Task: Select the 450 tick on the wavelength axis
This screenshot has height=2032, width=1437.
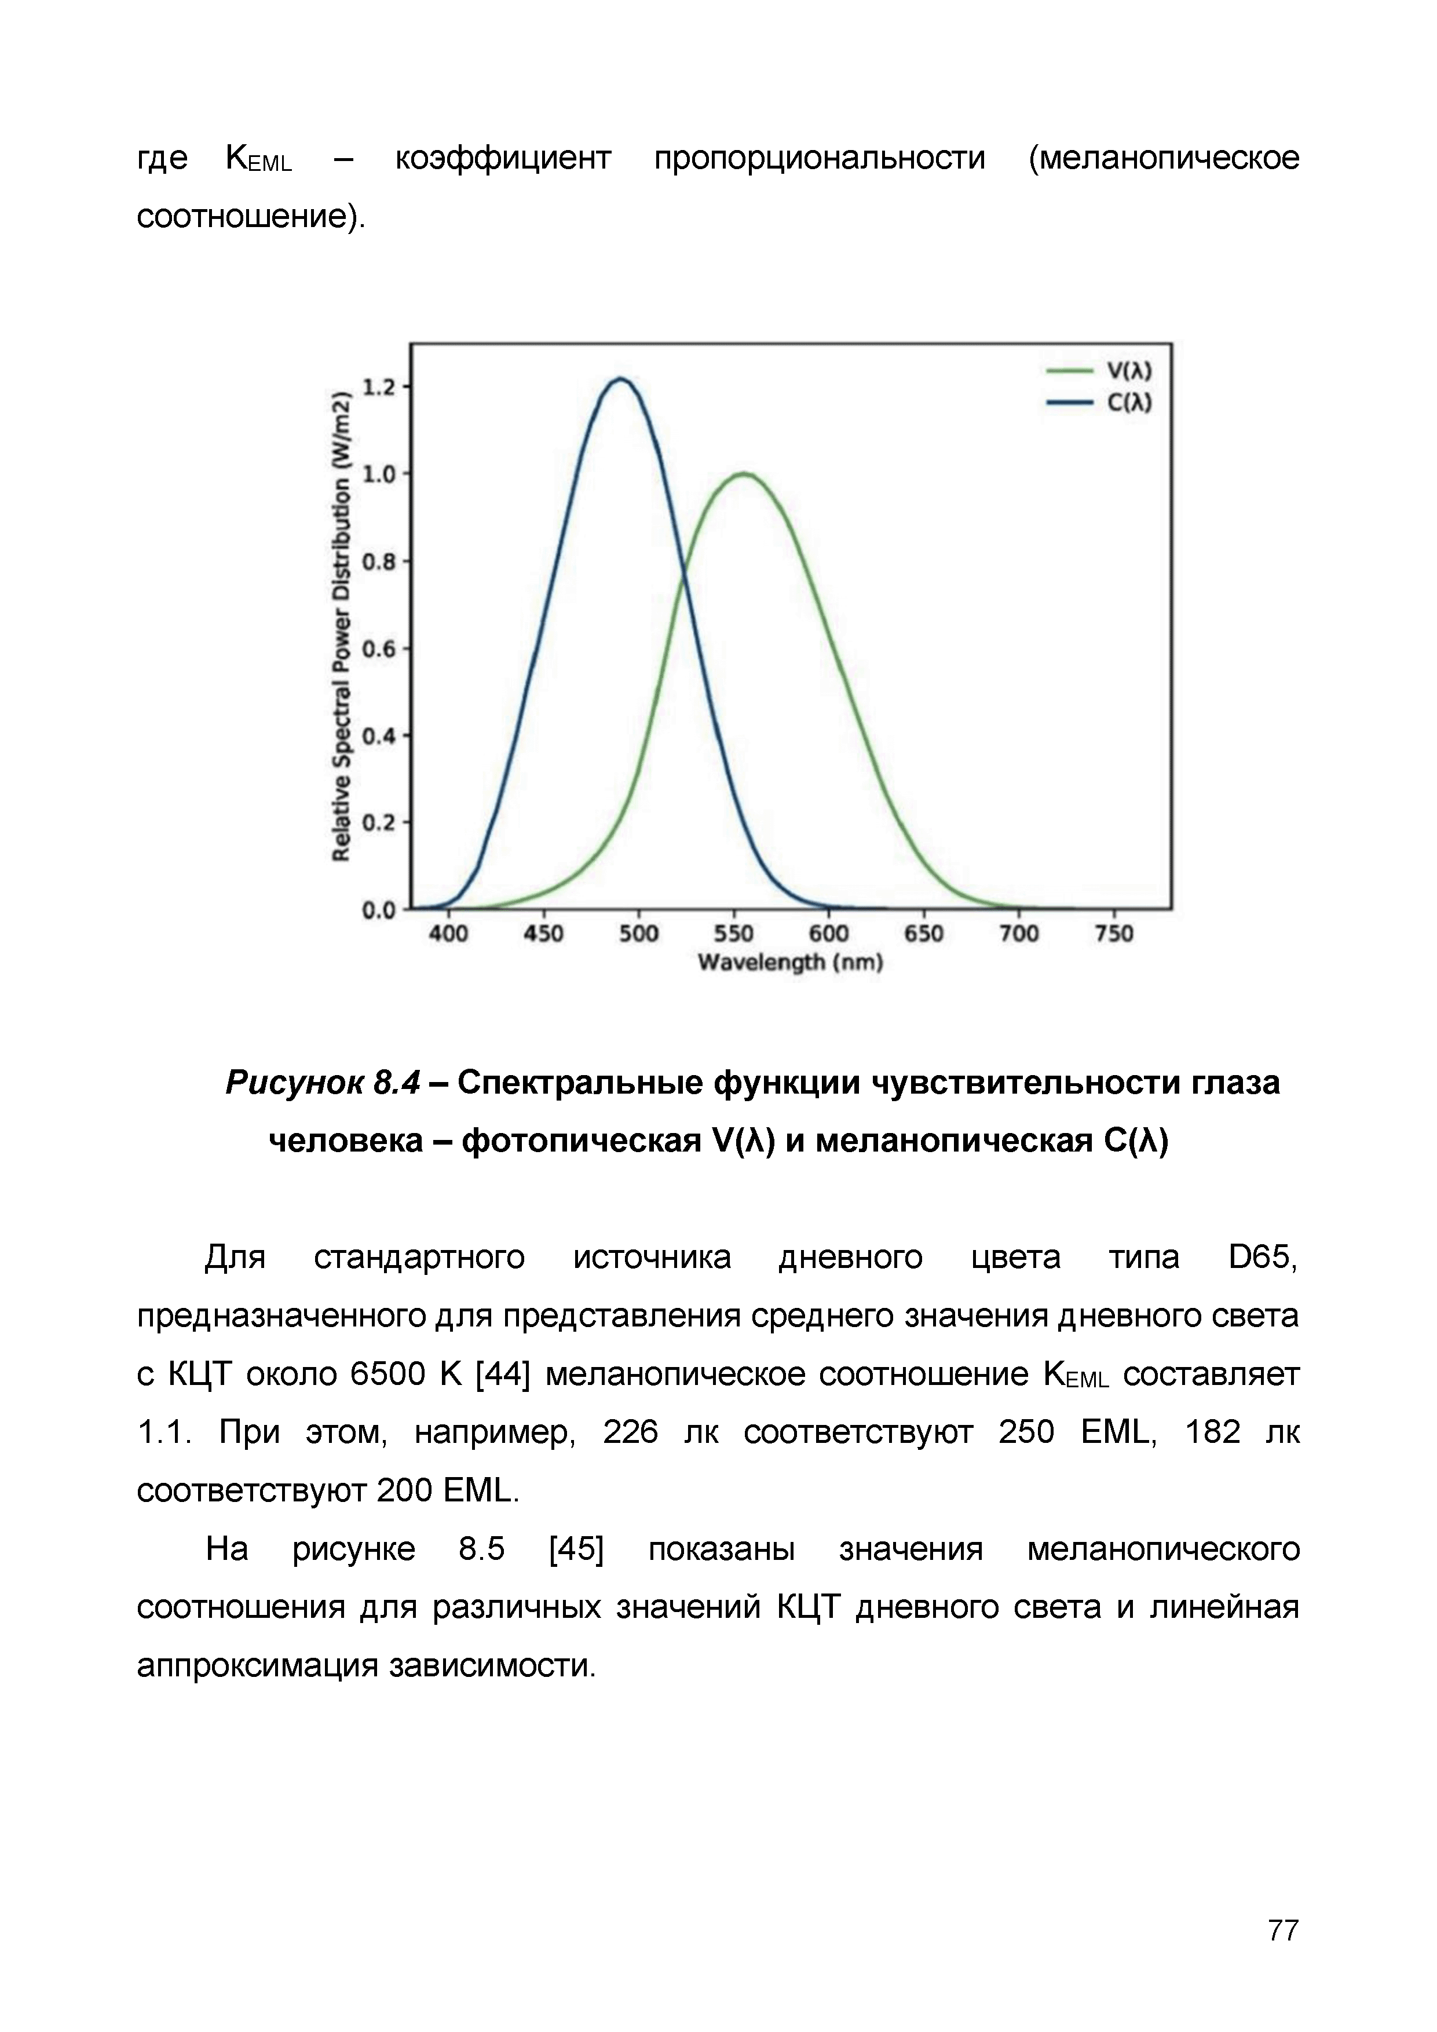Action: (x=543, y=934)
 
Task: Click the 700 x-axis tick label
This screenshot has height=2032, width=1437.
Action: (x=1018, y=934)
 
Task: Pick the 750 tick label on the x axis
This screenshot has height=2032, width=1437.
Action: (x=1113, y=934)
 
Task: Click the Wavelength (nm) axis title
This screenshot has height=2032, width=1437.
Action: (x=790, y=962)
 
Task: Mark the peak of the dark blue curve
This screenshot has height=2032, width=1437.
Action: (x=621, y=379)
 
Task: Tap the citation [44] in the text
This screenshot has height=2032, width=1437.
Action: (x=503, y=1375)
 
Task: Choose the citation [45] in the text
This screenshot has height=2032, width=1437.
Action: (x=576, y=1549)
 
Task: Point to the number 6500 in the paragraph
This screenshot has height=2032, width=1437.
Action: (x=387, y=1375)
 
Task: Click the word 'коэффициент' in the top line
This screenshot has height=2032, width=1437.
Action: (x=503, y=158)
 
